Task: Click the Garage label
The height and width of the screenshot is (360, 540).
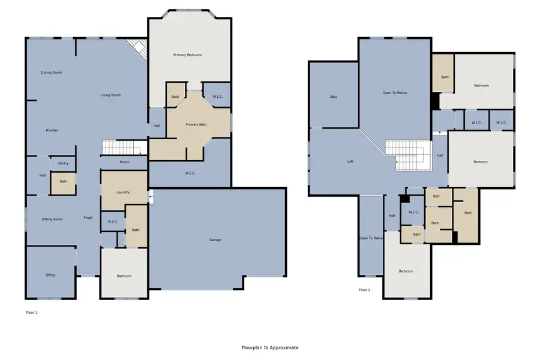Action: (x=215, y=240)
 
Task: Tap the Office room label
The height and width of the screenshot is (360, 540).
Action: (x=50, y=275)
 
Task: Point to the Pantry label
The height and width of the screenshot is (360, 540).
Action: (x=63, y=163)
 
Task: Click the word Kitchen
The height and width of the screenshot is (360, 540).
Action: (x=52, y=130)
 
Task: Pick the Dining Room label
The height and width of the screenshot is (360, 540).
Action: (x=52, y=73)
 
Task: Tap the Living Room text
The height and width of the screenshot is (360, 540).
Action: (x=110, y=95)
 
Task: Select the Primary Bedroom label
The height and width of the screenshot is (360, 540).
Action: (x=187, y=55)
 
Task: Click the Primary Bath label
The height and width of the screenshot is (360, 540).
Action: (x=196, y=125)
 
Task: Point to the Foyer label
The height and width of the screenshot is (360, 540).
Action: (x=88, y=218)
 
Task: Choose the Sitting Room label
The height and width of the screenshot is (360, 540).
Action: (x=52, y=219)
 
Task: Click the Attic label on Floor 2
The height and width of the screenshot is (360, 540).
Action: (x=333, y=97)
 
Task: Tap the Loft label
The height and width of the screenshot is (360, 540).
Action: (x=350, y=161)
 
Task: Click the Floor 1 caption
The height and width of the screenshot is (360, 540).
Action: (x=32, y=312)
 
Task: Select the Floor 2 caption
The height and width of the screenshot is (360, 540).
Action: (x=365, y=290)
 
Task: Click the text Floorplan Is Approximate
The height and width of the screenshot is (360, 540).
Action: (x=269, y=347)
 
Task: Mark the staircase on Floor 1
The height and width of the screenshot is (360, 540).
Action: (x=123, y=148)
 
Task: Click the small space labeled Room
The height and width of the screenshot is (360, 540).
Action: (x=124, y=162)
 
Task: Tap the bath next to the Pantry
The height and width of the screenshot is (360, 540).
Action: (x=63, y=182)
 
